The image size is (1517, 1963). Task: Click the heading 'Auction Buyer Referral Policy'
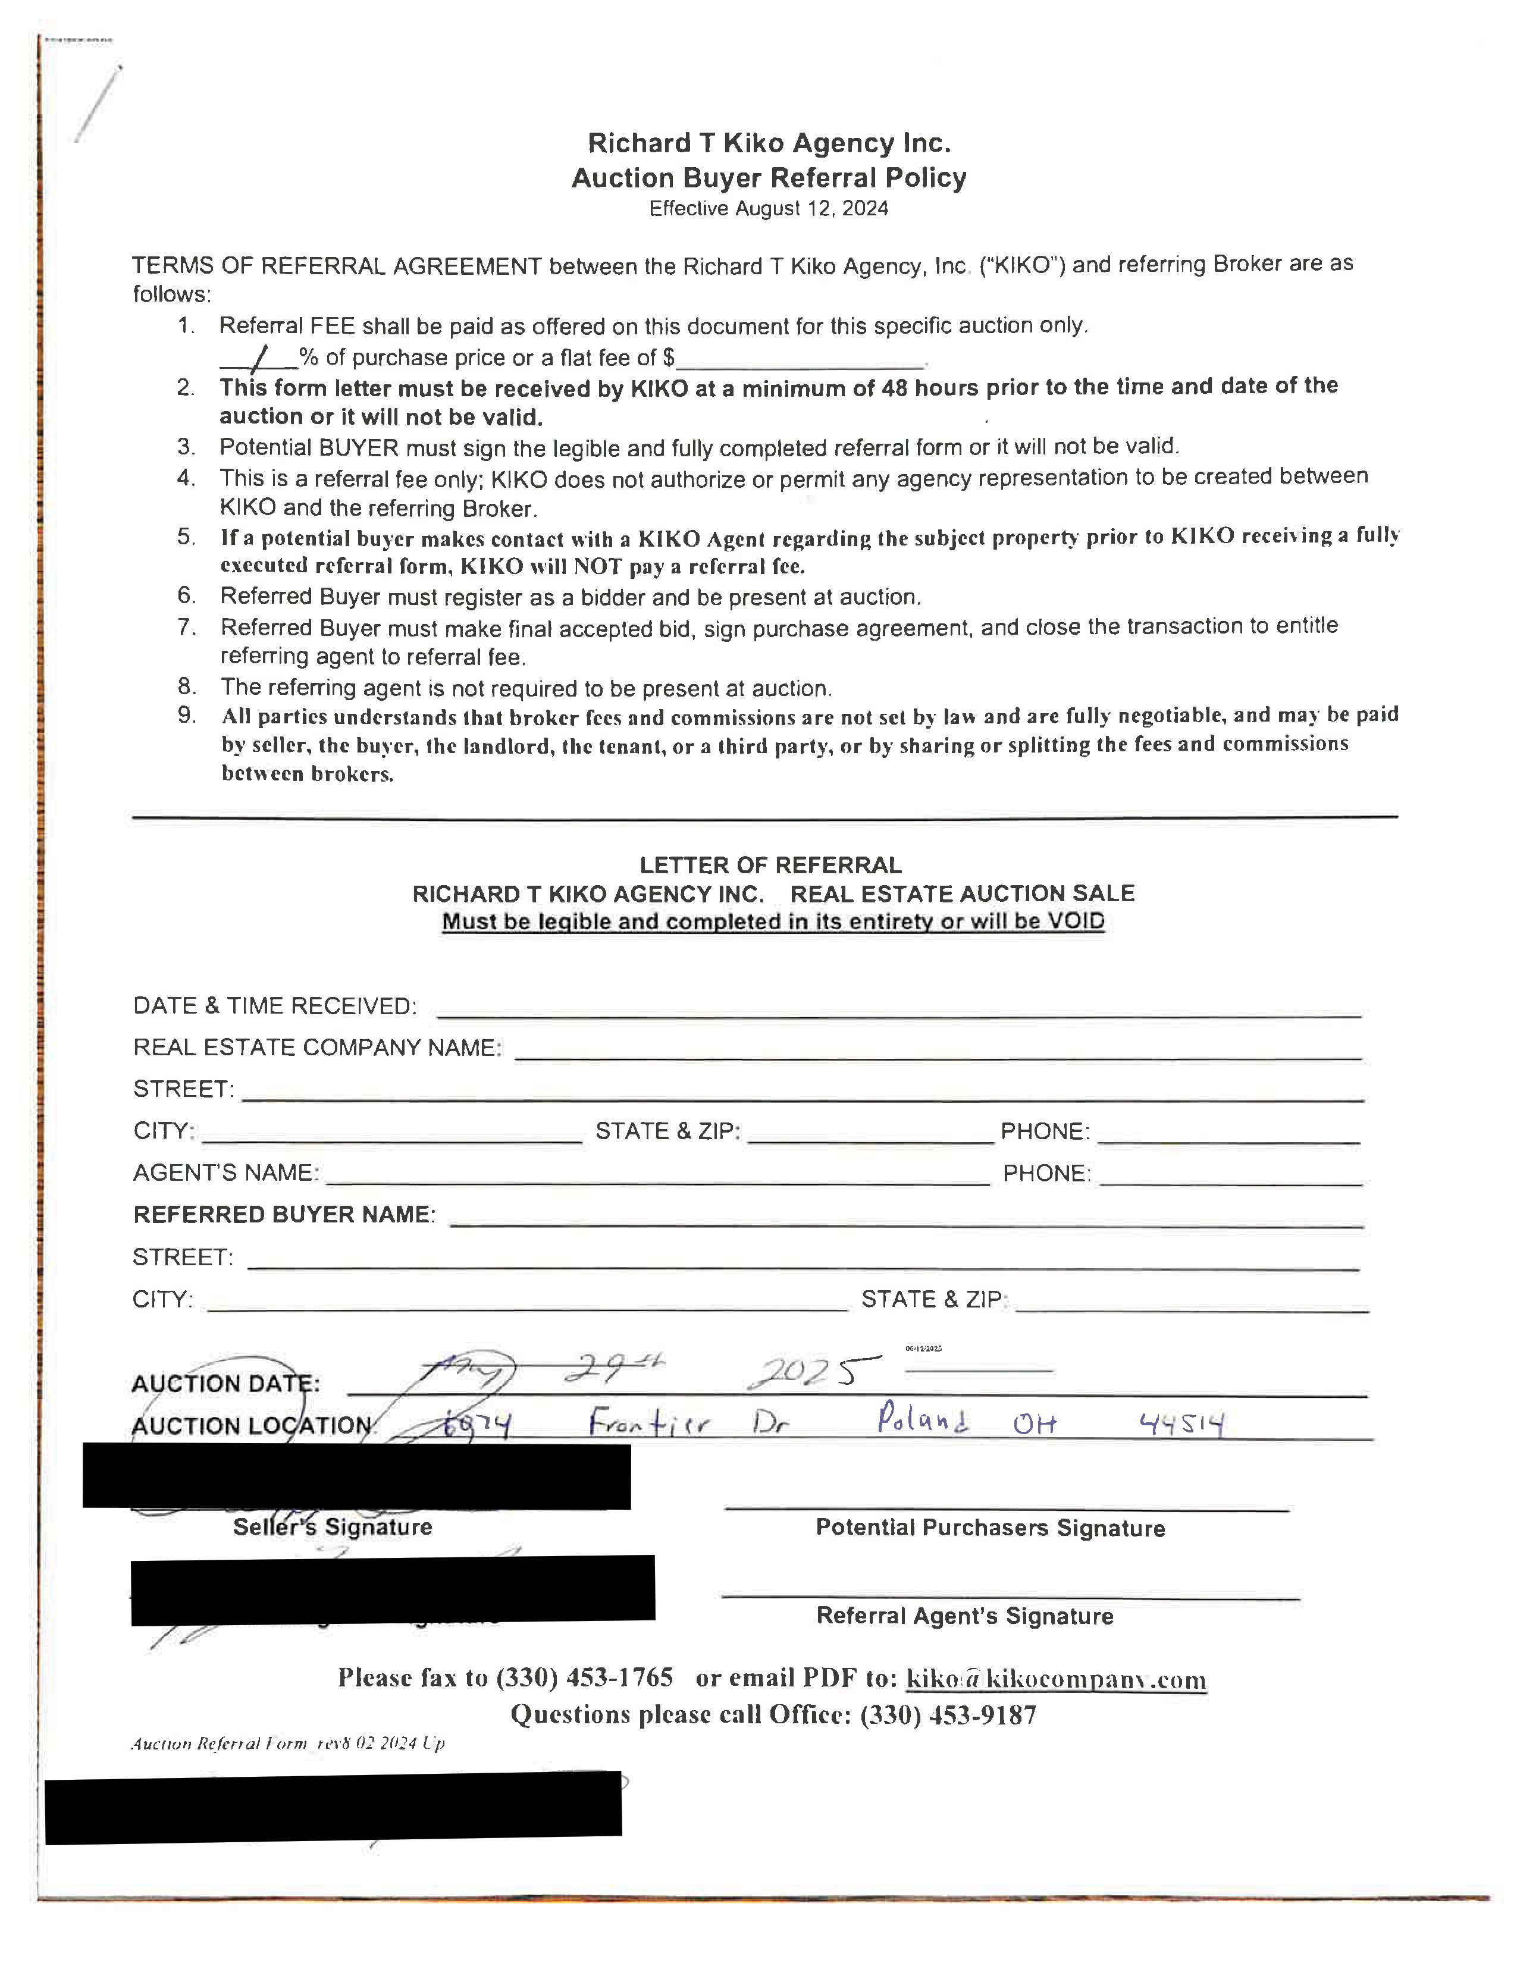(x=769, y=178)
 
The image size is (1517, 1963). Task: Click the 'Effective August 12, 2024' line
(x=769, y=209)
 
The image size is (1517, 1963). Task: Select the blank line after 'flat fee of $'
(x=800, y=361)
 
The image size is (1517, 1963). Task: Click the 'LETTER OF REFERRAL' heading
(x=770, y=865)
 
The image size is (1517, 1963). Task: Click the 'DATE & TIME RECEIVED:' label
(x=274, y=1006)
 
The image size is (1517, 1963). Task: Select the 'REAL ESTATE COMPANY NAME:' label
(x=316, y=1048)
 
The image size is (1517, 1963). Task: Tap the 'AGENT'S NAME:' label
(x=225, y=1173)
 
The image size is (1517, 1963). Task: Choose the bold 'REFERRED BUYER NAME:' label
(x=284, y=1214)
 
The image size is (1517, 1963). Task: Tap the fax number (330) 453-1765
(x=584, y=1677)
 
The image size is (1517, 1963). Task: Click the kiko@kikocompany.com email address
(x=1056, y=1679)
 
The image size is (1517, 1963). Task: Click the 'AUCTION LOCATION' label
(x=252, y=1425)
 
